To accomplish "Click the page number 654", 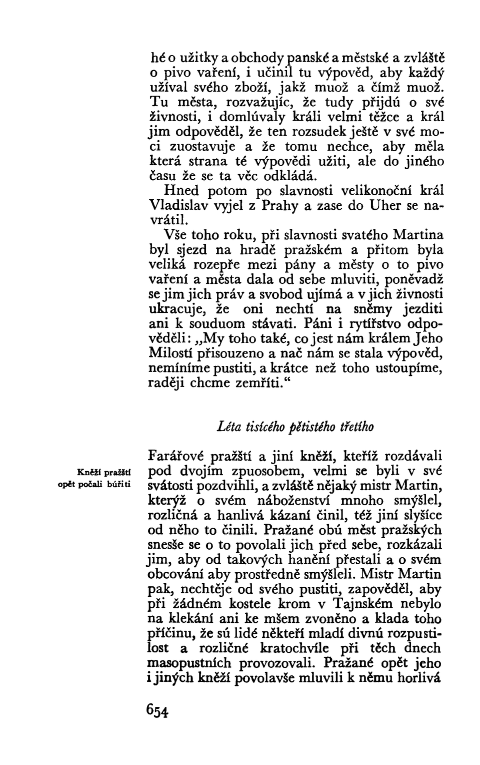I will click(x=157, y=711).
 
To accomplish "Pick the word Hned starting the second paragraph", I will click(x=181, y=191).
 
